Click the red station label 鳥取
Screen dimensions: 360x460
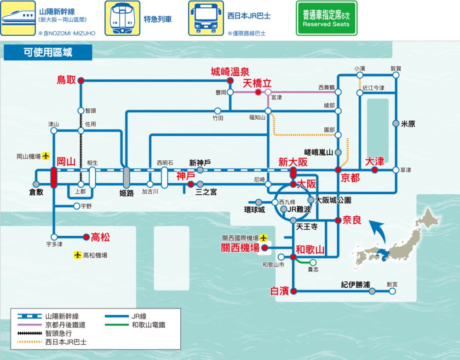coord(66,80)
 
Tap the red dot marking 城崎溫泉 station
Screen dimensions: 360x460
coord(230,80)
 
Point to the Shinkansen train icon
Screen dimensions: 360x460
coord(18,18)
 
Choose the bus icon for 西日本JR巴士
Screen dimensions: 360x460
coord(206,18)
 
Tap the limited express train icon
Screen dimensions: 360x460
coord(122,18)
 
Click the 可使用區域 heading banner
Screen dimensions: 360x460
coord(48,52)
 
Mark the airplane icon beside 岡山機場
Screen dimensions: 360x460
coord(46,157)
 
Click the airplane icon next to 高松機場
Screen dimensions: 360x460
coord(77,255)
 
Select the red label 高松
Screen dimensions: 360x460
coord(100,238)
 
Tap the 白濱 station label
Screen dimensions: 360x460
coord(280,291)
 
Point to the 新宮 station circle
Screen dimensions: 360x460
coord(392,291)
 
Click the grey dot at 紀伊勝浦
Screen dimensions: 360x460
coord(372,291)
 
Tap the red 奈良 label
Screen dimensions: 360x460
coord(351,221)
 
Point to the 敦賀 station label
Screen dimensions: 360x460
coord(396,68)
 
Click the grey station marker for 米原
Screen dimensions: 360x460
coord(396,123)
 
